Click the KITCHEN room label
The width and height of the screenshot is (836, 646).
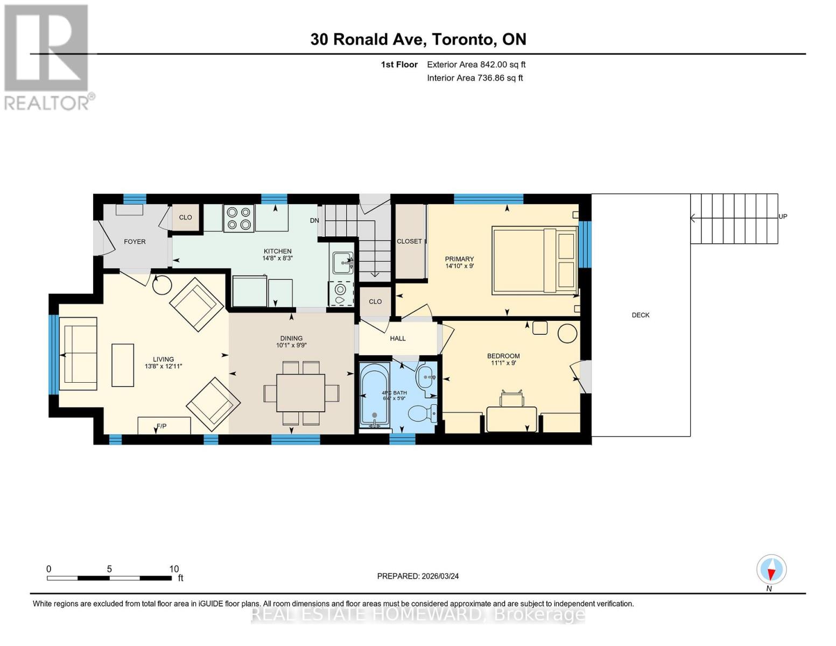pos(277,251)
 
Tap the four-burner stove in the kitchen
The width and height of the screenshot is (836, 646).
pos(239,219)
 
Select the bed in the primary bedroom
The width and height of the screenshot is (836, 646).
pos(534,261)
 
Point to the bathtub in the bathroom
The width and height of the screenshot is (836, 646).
pos(374,394)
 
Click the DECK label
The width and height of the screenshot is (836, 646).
pos(641,315)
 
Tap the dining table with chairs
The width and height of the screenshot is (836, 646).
pos(301,393)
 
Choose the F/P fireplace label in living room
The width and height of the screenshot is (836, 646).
pos(161,426)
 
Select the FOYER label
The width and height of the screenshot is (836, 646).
pos(135,242)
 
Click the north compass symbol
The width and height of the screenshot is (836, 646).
pos(771,570)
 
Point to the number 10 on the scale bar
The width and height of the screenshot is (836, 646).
pos(173,569)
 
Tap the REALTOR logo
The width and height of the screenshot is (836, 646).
pos(47,57)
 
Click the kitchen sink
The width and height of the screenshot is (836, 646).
pos(342,263)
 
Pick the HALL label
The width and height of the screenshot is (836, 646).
pos(398,339)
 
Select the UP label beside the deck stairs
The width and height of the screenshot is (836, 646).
pos(783,216)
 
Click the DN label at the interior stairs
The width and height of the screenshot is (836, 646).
pos(314,221)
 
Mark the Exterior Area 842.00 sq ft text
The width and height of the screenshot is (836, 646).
pos(476,65)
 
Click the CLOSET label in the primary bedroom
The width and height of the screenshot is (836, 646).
pos(409,241)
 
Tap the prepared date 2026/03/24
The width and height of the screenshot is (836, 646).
pos(418,576)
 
